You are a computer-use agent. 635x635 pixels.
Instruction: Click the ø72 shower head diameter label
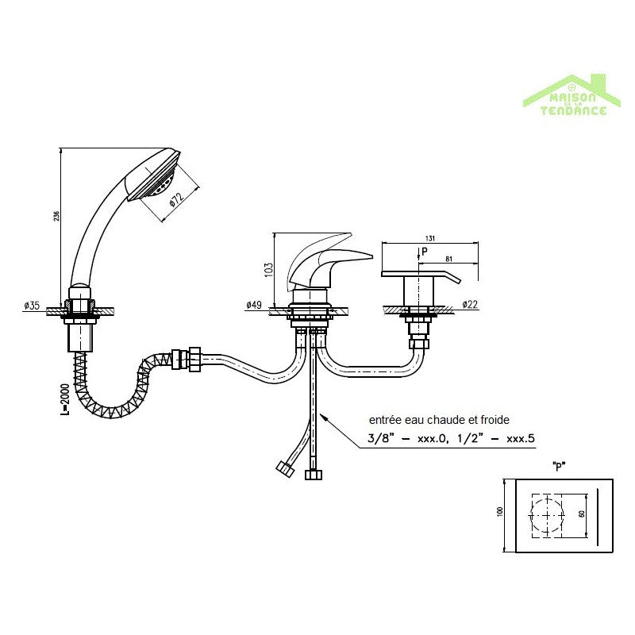(x=175, y=202)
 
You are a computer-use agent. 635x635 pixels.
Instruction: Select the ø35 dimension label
(x=32, y=305)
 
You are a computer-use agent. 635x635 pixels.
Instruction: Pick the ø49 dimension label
(x=255, y=305)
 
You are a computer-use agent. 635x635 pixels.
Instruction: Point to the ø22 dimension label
(x=471, y=305)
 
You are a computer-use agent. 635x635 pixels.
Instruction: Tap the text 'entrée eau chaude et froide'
(x=438, y=420)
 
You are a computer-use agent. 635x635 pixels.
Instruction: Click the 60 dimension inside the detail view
(x=582, y=514)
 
